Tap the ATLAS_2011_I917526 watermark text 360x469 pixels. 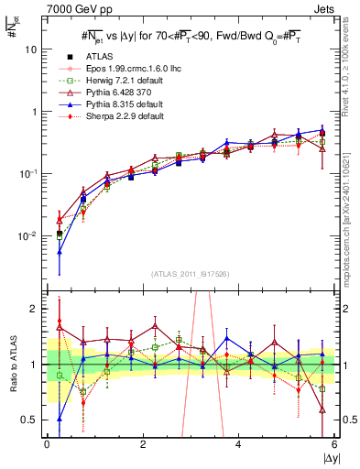pyautogui.click(x=191, y=275)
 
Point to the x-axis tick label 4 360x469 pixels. pyautogui.click(x=238, y=444)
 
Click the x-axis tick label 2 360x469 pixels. pyautogui.click(x=143, y=444)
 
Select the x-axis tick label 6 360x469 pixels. pyautogui.click(x=334, y=444)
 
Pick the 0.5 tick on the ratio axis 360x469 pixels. pyautogui.click(x=31, y=420)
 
